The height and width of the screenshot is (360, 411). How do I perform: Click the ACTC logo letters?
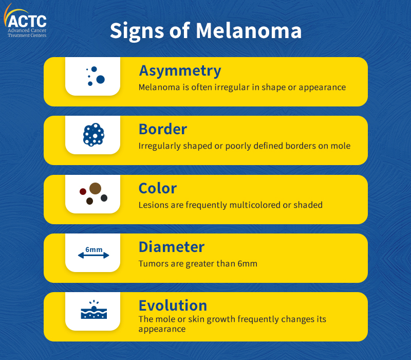27,22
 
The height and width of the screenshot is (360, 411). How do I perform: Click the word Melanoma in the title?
249,31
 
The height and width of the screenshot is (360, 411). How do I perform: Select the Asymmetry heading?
180,71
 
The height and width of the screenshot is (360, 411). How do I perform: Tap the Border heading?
163,129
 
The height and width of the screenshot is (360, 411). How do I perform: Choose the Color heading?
158,188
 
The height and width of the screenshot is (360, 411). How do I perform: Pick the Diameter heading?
172,247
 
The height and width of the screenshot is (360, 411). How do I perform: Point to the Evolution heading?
173,305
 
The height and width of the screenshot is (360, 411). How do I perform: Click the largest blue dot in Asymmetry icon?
100,79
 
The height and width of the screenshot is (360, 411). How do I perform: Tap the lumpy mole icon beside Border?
94,135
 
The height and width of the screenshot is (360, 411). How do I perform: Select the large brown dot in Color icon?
95,188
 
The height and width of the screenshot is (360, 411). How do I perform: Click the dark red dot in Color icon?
83,191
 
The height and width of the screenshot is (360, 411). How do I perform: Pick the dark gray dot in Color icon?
104,198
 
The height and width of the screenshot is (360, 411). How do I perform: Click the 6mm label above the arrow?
94,249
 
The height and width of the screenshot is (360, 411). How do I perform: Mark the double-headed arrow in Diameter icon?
94,255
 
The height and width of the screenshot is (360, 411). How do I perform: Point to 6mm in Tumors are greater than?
247,264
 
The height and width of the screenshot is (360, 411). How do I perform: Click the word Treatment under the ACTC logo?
17,35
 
